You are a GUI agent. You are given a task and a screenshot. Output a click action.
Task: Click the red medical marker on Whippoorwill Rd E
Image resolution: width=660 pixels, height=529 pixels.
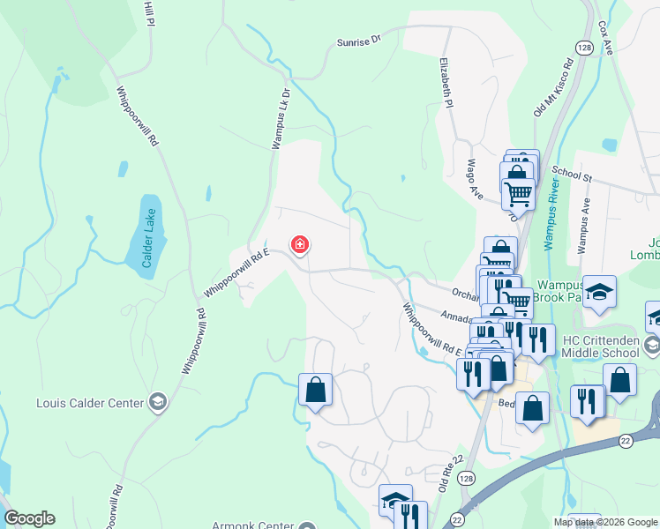click(x=300, y=244)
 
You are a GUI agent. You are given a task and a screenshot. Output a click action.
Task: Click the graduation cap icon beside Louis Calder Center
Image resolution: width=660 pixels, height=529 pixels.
click(x=158, y=403)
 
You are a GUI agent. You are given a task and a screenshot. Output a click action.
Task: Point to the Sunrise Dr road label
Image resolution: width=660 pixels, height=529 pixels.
click(x=358, y=41)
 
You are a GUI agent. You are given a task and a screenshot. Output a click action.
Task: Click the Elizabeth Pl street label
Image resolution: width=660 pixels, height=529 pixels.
click(x=447, y=84)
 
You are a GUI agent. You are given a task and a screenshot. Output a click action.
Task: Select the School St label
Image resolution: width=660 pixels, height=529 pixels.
click(x=571, y=175)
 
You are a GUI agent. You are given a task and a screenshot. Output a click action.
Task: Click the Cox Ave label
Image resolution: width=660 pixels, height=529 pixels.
click(x=605, y=37)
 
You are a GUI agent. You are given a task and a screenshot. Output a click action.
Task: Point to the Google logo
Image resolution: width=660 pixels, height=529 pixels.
click(x=29, y=518)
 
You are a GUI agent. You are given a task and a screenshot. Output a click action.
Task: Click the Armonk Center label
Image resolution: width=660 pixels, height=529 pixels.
click(x=252, y=525)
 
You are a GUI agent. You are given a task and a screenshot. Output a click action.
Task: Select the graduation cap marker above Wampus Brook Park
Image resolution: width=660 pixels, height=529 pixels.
click(x=599, y=291)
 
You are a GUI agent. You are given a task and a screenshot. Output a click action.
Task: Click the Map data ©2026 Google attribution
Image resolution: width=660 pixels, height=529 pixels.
click(x=605, y=522)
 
